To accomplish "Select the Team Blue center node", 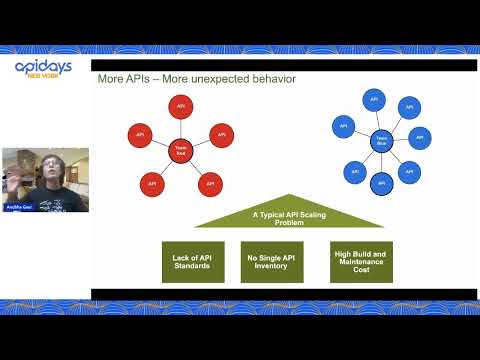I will (381, 142).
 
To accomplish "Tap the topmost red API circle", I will (181, 105).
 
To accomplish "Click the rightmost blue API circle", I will (419, 138).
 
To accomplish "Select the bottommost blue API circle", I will (381, 184).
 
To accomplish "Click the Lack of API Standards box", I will (191, 262).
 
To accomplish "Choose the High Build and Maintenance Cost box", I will (361, 262).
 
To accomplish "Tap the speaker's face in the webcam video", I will (48, 167).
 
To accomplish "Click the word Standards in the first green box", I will (191, 267).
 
